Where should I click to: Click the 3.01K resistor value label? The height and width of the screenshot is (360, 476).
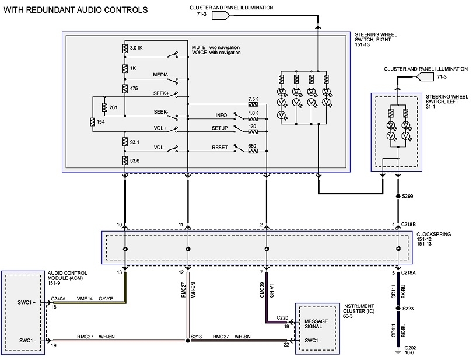point(136,47)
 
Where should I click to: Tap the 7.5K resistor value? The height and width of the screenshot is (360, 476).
point(253,99)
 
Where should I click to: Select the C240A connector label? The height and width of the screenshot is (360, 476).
point(60,298)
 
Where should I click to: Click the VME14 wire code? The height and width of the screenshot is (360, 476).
point(85,298)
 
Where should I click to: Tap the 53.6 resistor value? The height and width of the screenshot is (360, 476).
point(135,160)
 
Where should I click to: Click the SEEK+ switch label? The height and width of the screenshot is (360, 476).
point(160,93)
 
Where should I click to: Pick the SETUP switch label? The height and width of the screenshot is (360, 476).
point(220,127)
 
